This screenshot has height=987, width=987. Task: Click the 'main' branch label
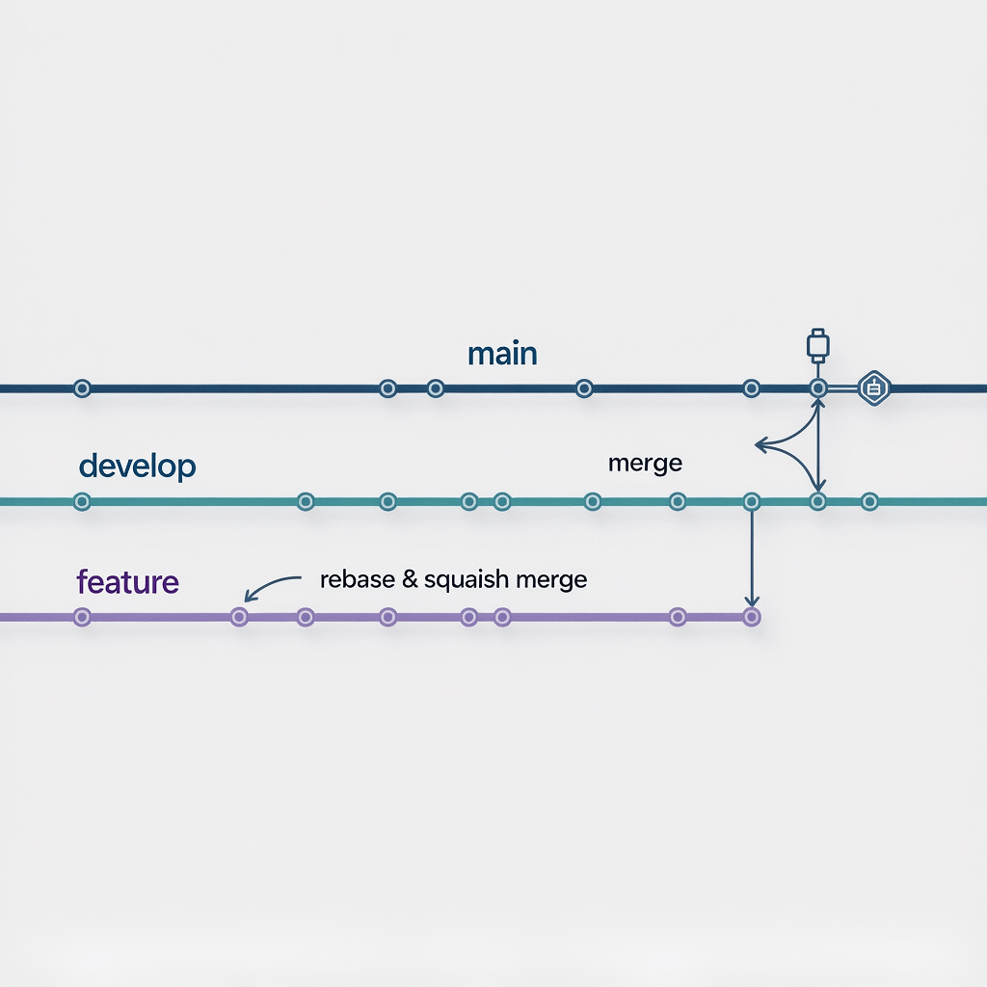pos(502,354)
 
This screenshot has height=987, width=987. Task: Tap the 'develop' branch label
pos(137,467)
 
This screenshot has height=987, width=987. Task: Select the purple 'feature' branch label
pos(127,582)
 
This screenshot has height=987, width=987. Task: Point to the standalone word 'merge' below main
pos(645,464)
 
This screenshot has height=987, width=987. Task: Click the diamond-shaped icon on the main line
pos(874,388)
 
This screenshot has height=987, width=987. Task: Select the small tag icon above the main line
pos(817,344)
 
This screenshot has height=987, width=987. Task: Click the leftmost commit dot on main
pos(82,388)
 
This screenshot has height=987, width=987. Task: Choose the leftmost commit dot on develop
pos(82,501)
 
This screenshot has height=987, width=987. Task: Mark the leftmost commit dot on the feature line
pos(82,617)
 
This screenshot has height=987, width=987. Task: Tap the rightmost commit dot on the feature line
pos(752,617)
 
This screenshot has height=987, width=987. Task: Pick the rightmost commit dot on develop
pos(869,501)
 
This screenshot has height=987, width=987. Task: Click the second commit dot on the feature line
pos(239,617)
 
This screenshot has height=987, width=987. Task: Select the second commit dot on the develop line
pos(306,501)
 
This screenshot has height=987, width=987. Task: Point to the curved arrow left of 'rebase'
pos(270,584)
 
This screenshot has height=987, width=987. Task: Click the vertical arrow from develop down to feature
pos(752,559)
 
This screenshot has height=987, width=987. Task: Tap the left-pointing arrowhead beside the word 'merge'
pos(761,445)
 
